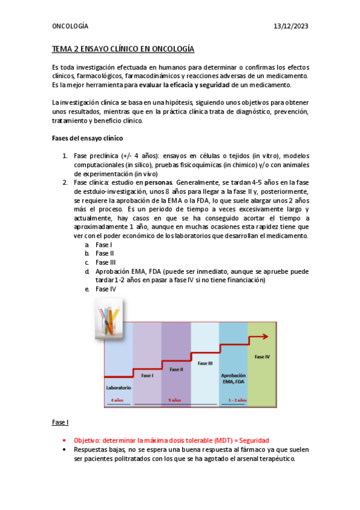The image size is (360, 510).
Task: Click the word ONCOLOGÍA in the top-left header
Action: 70,26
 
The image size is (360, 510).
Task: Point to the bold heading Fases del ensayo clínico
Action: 88,138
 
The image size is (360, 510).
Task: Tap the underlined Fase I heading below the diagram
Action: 61,422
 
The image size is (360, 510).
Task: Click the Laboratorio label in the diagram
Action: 118,388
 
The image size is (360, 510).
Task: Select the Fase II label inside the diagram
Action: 176,369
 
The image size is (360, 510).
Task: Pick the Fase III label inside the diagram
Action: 205,363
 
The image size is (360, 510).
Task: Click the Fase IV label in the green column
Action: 262,356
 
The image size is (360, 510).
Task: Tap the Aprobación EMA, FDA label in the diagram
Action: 233,378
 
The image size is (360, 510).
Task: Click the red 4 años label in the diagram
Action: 117,400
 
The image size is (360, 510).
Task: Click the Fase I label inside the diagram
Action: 147,375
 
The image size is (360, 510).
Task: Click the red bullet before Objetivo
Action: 64,440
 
